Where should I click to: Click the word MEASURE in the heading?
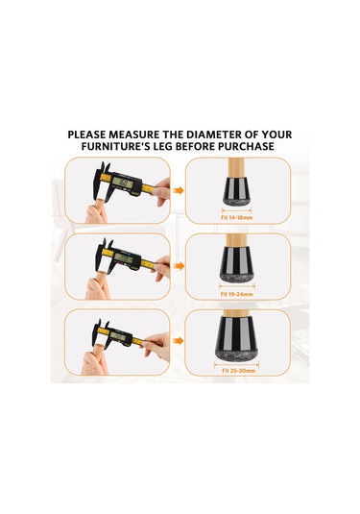[x=133, y=135]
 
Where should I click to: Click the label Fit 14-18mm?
[x=236, y=218]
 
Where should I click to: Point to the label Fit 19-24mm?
[x=236, y=294]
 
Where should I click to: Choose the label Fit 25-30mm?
[x=238, y=371]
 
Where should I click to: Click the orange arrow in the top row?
[x=179, y=190]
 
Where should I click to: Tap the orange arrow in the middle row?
[x=179, y=266]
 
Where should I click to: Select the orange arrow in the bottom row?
[x=179, y=341]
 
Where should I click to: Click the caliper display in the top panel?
[x=123, y=183]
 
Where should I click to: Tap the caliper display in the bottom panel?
[x=117, y=336]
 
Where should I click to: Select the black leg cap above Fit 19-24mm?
[x=236, y=264]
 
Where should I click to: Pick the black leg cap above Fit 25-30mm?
[x=236, y=337]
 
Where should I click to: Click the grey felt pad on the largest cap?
[x=236, y=354]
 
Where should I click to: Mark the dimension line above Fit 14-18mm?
[x=236, y=210]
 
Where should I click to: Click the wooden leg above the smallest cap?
[x=236, y=168]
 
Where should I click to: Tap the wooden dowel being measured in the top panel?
[x=101, y=206]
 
